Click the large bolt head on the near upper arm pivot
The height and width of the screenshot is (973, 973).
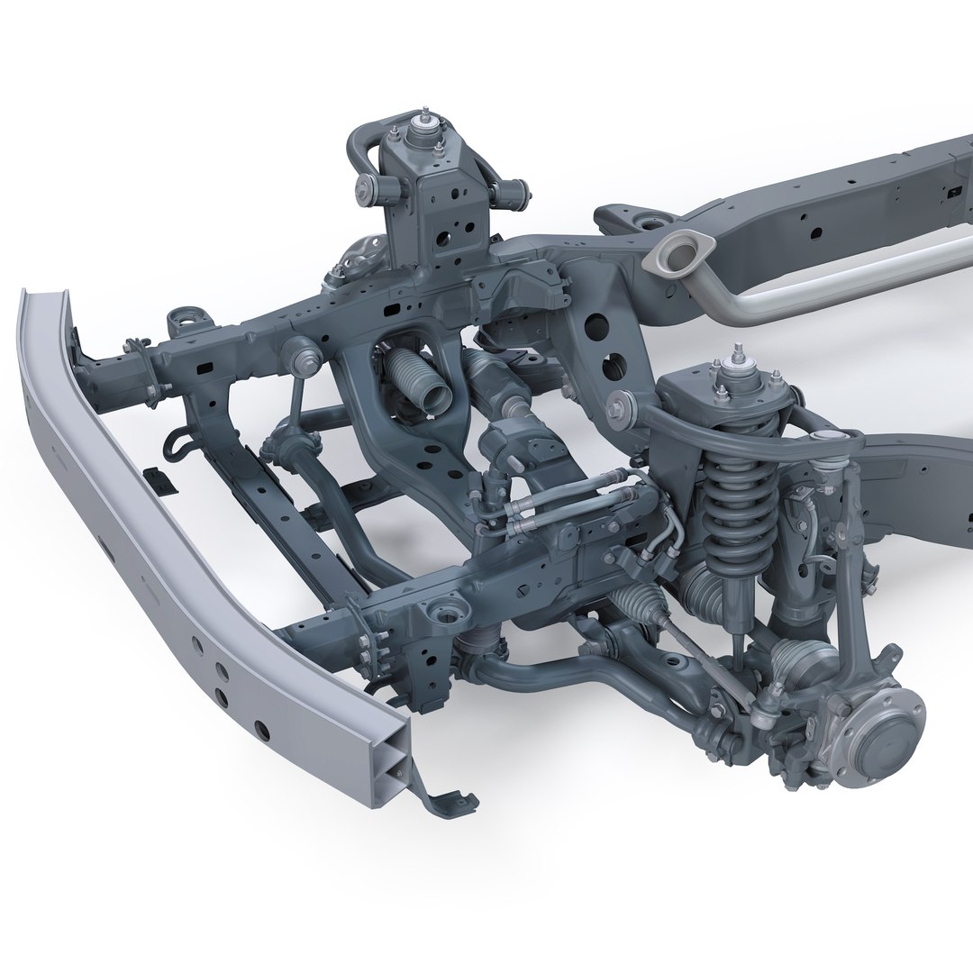(x=620, y=403)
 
